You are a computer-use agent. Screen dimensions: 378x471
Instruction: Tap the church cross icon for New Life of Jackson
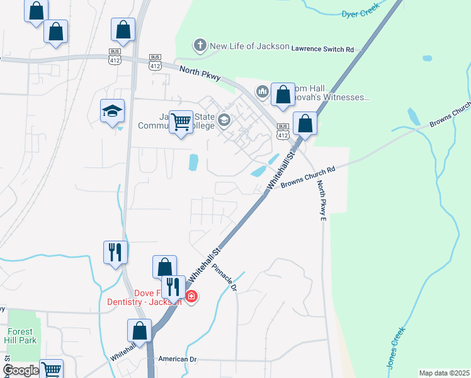(x=200, y=45)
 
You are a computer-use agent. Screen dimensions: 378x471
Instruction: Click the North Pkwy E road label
(x=321, y=200)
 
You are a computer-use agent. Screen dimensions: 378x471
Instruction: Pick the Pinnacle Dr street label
(x=224, y=277)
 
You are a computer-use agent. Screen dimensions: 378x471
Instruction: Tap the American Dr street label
(x=178, y=359)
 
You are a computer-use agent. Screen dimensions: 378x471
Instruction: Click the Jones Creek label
(x=394, y=350)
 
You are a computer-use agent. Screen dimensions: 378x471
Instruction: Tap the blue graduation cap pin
(x=113, y=111)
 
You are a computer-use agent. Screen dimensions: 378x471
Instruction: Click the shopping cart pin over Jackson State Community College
(x=181, y=121)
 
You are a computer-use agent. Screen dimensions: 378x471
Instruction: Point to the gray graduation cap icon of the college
(x=224, y=119)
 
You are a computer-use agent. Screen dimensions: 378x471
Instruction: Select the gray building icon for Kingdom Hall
(x=262, y=93)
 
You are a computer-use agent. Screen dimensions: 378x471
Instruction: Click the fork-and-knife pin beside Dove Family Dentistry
(x=173, y=287)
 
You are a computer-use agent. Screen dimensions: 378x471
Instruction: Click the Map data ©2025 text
(x=444, y=373)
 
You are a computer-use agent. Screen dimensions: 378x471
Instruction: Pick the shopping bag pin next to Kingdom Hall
(x=283, y=94)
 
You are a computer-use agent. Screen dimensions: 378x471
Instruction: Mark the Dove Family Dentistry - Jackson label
(x=158, y=297)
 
